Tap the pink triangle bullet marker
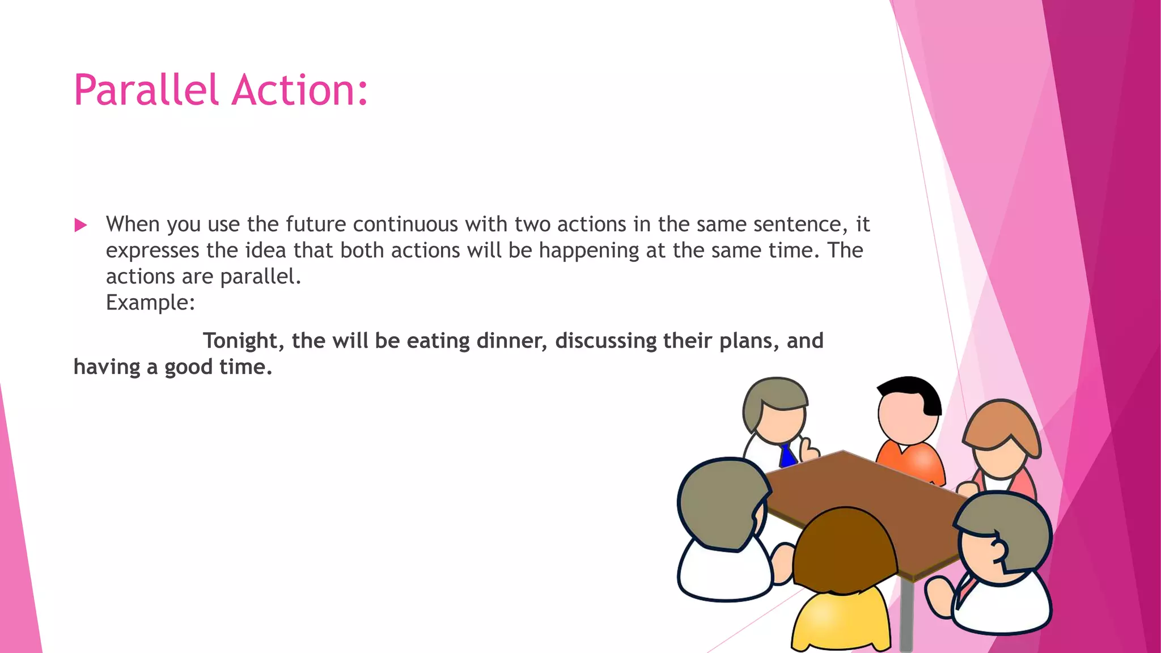(x=80, y=226)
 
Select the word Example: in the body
(x=150, y=303)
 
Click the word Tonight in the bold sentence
(x=243, y=341)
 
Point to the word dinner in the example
(x=512, y=341)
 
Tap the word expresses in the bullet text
(x=152, y=251)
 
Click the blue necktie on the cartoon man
(x=787, y=455)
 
